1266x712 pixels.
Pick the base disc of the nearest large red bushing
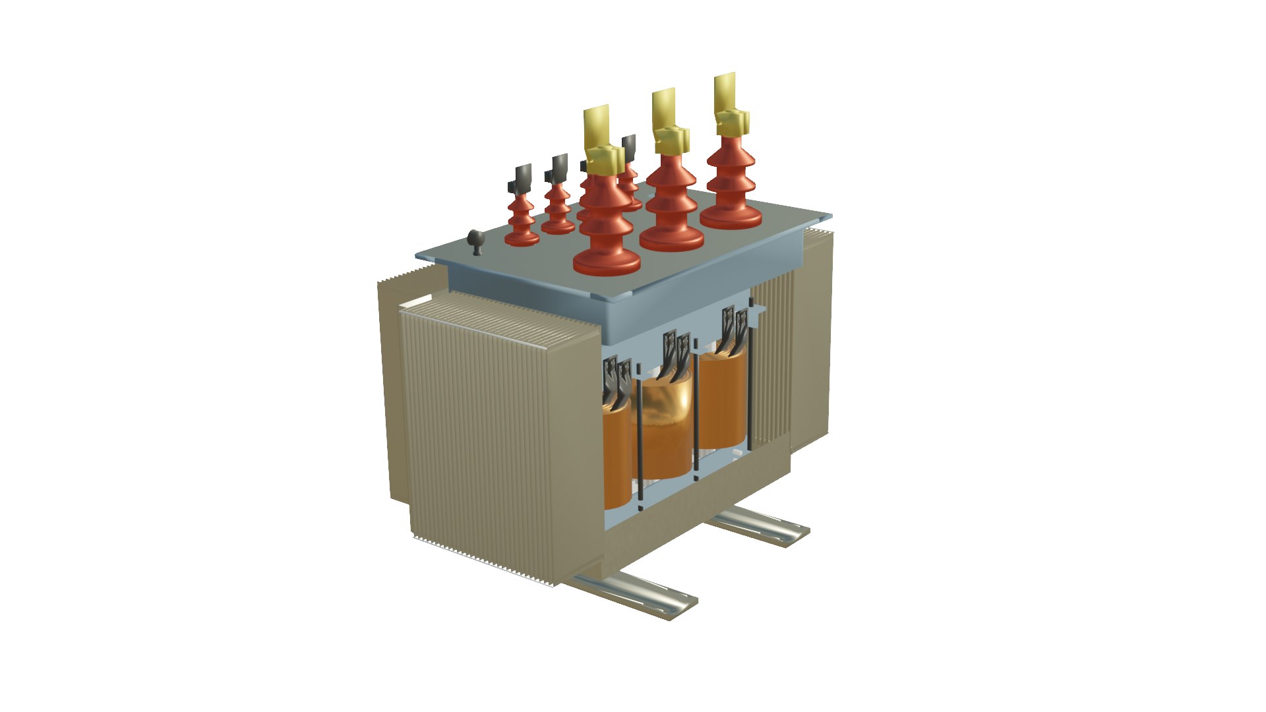pos(607,262)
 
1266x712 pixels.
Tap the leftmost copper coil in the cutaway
pos(617,455)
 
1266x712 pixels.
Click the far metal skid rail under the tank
pos(758,524)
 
